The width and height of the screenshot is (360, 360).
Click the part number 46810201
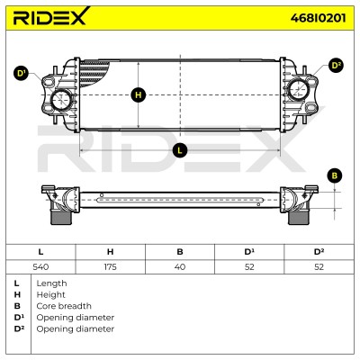(x=318, y=18)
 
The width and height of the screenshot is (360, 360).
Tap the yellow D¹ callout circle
(x=21, y=74)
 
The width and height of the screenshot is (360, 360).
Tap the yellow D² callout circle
(x=336, y=66)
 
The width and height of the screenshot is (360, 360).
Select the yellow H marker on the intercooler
(x=138, y=95)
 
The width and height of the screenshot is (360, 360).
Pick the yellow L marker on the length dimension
(x=180, y=149)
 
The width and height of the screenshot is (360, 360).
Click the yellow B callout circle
(x=335, y=175)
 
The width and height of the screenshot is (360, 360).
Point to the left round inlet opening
(x=61, y=100)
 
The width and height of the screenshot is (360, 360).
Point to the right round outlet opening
(x=299, y=89)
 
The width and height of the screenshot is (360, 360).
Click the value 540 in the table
(x=40, y=266)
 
